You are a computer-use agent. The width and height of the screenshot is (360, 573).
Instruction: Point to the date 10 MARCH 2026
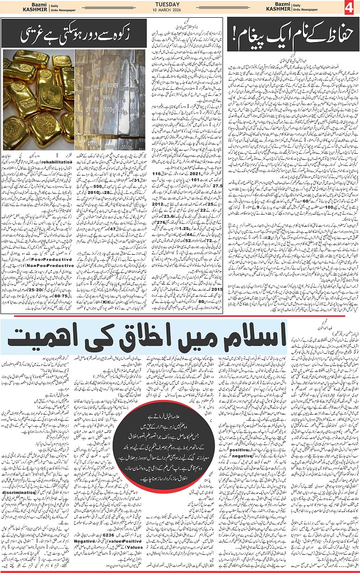tap(180, 11)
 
